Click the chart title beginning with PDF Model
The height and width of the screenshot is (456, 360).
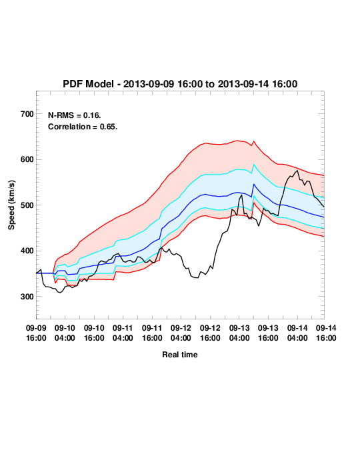pyautogui.click(x=180, y=84)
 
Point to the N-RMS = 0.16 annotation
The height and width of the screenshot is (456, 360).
pyautogui.click(x=75, y=115)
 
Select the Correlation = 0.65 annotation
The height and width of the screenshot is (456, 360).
pyautogui.click(x=83, y=127)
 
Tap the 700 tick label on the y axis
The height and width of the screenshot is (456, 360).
pyautogui.click(x=27, y=114)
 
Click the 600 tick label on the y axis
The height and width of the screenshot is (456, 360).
pyautogui.click(x=27, y=159)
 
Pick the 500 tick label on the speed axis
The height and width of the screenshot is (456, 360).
pyautogui.click(x=27, y=205)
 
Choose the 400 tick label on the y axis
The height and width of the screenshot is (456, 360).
pyautogui.click(x=27, y=251)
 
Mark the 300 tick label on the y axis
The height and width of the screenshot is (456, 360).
pyautogui.click(x=27, y=297)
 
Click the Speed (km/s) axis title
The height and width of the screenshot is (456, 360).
pyautogui.click(x=11, y=205)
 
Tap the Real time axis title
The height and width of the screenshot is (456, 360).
pyautogui.click(x=180, y=355)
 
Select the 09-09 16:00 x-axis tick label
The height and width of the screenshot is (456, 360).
pyautogui.click(x=36, y=333)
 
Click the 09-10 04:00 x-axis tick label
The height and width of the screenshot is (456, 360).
pyautogui.click(x=65, y=333)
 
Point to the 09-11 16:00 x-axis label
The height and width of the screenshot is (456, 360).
pyautogui.click(x=152, y=333)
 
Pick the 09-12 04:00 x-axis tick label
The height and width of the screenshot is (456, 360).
pyautogui.click(x=181, y=333)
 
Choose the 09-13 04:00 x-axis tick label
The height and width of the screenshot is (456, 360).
pyautogui.click(x=239, y=333)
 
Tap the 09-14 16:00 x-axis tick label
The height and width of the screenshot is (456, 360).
pyautogui.click(x=326, y=333)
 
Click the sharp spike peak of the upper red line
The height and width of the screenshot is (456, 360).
pyautogui.click(x=254, y=141)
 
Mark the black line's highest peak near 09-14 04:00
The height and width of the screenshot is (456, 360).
pyautogui.click(x=297, y=171)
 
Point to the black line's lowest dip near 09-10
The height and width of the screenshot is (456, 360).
pyautogui.click(x=60, y=293)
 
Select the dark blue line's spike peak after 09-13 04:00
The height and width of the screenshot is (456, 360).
pyautogui.click(x=254, y=184)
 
